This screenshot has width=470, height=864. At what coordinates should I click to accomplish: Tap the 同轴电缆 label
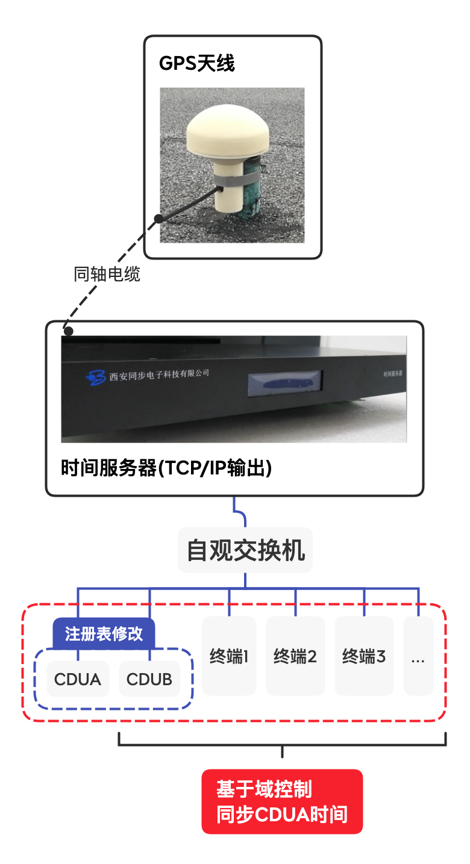(x=107, y=275)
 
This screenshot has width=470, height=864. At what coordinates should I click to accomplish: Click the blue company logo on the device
(x=96, y=376)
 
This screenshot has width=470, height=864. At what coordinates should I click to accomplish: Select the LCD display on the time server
(x=286, y=383)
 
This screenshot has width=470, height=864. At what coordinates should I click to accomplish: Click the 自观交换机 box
(x=245, y=550)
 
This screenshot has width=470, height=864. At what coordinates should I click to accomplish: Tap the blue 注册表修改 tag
(x=104, y=633)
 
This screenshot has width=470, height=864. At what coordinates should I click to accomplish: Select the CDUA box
(x=78, y=679)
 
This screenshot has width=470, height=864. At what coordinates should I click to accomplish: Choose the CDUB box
(x=149, y=679)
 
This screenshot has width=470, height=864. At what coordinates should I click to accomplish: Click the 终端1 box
(x=229, y=656)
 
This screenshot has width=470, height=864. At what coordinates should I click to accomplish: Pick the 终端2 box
(x=295, y=656)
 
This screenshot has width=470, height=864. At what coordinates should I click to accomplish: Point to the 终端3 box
(x=364, y=656)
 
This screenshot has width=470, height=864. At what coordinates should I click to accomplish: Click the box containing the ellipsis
(x=418, y=656)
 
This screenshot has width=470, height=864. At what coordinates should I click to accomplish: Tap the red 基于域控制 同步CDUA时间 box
(x=282, y=801)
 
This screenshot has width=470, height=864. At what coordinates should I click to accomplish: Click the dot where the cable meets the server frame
(x=69, y=331)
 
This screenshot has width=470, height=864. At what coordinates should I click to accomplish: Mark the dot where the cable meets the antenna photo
(x=158, y=219)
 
